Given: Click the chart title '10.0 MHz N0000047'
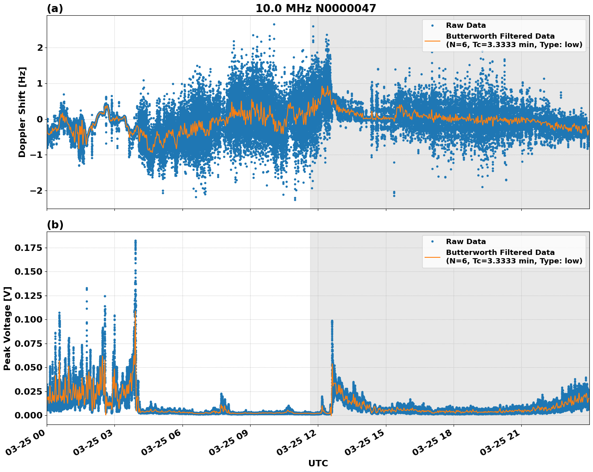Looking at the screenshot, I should [x=315, y=8].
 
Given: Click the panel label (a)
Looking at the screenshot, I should [x=55, y=8].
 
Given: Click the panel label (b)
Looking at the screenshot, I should [x=55, y=225].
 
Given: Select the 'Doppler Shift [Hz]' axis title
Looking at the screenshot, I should [x=22, y=112].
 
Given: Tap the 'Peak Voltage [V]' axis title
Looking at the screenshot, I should [x=7, y=328].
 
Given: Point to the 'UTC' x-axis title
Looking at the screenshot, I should [x=318, y=463].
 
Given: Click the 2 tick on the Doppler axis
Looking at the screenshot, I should [x=40, y=48].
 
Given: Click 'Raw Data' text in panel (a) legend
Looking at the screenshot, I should [x=466, y=25].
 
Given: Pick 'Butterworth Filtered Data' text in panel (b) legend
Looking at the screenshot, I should [x=500, y=253].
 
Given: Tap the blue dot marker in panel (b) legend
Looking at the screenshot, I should [x=432, y=242].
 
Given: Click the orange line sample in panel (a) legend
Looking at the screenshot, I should [x=432, y=40].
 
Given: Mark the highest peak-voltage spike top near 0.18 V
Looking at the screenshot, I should [x=135, y=241].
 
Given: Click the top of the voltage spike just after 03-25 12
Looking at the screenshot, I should [x=332, y=321].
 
